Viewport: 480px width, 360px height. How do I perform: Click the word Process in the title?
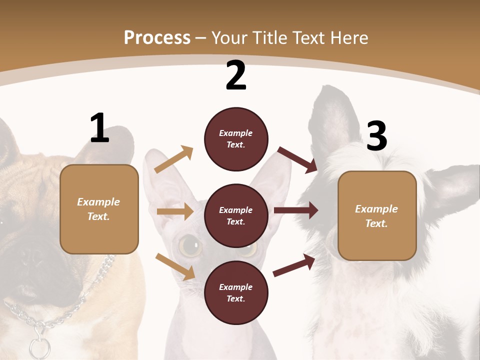pos(157,37)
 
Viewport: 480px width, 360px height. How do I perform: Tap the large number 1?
pos(99,128)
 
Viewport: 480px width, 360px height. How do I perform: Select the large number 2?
pos(236,75)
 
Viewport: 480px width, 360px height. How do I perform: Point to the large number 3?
pos(376,136)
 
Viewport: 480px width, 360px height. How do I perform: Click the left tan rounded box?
pos(99,209)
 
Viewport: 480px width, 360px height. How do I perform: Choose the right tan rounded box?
pos(377,215)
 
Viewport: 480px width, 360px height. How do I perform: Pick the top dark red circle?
pos(236,139)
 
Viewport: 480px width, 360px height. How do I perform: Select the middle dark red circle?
pos(236,215)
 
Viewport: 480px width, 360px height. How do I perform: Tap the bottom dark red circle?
pos(236,292)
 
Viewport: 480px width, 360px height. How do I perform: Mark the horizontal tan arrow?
pos(175,211)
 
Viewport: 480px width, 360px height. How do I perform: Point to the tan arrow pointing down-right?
pos(175,266)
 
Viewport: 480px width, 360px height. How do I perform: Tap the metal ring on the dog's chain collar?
pos(38,346)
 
